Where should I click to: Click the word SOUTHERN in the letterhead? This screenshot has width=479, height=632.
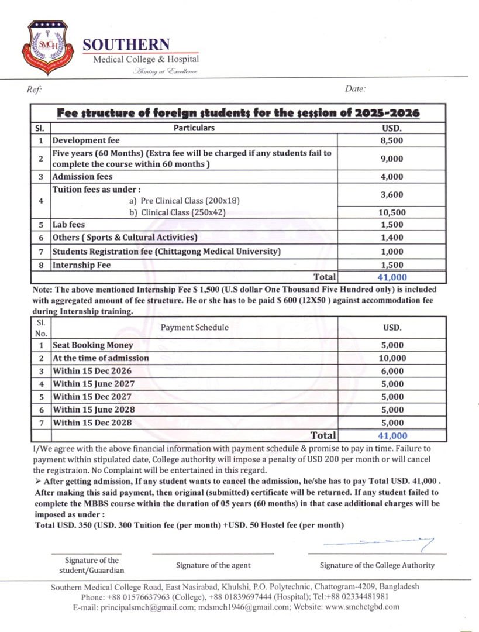(x=126, y=44)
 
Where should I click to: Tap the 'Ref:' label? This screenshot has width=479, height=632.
(x=34, y=90)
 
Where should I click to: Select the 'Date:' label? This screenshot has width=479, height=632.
(x=355, y=89)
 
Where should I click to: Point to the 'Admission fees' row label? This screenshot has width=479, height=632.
(x=82, y=177)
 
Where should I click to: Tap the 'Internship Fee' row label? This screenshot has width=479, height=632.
(x=81, y=265)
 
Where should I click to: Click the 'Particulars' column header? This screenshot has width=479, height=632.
(x=194, y=128)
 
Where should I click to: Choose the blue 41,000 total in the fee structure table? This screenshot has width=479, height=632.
(x=392, y=277)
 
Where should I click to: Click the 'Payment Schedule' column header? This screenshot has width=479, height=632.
(x=194, y=328)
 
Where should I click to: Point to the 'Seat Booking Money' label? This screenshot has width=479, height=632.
(x=93, y=345)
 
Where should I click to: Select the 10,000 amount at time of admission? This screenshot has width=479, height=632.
(x=391, y=358)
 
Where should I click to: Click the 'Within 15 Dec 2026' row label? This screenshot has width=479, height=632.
(x=92, y=371)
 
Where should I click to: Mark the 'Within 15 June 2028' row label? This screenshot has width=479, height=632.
(x=94, y=410)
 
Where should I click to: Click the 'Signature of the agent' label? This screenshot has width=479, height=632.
(x=213, y=565)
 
